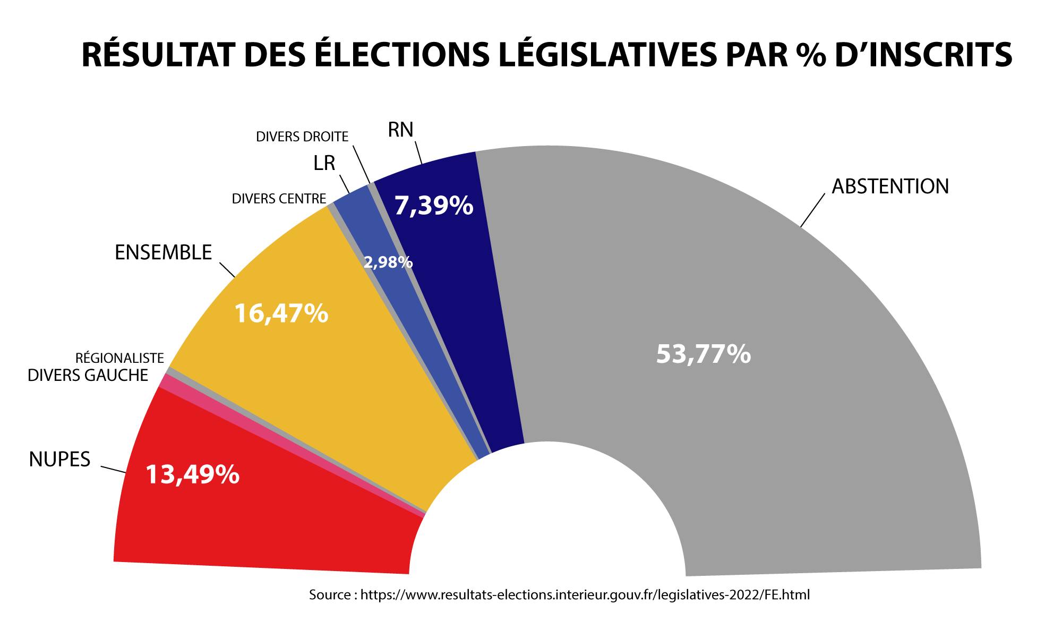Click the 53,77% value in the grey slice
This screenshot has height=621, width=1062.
704,354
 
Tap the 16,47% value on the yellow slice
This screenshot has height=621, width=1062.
281,313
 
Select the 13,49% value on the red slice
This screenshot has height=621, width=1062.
192,474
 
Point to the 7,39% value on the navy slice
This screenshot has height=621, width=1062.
433,206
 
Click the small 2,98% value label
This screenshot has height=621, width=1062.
388,262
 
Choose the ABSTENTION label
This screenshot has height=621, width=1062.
890,186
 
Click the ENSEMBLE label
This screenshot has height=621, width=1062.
164,252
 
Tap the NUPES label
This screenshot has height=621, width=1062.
60,459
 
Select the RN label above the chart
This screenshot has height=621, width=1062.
400,130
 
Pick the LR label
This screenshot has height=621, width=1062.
324,164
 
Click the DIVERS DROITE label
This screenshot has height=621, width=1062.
302,137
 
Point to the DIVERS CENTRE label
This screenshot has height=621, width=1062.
279,199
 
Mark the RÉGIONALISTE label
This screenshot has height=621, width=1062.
120,358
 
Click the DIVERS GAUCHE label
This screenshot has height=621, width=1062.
88,376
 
